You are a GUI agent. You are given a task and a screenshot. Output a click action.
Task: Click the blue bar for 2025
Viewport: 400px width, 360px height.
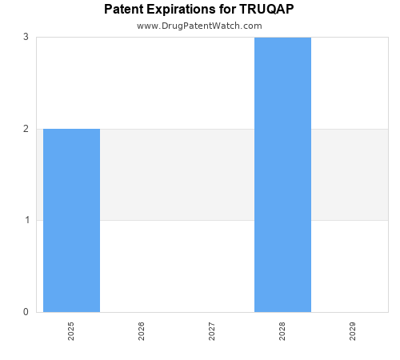(x=71, y=220)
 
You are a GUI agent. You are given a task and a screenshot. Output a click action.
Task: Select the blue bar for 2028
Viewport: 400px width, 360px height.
(x=282, y=174)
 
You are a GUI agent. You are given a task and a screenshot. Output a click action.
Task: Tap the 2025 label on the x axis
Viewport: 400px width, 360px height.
(x=71, y=331)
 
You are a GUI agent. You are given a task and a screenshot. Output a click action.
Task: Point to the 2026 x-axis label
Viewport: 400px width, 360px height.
(x=142, y=331)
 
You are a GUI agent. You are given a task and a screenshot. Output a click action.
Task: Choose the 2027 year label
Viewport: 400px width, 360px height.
(x=212, y=331)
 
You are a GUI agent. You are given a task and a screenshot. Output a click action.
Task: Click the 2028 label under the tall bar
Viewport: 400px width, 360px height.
(x=282, y=331)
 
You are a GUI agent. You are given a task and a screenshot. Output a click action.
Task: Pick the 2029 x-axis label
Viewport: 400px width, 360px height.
(x=353, y=331)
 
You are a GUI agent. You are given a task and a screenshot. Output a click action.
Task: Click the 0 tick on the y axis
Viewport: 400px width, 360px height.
(x=26, y=312)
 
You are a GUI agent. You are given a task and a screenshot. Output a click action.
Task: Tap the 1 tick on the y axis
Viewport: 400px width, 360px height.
(x=26, y=220)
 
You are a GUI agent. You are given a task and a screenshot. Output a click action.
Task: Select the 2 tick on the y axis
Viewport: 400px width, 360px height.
(x=26, y=129)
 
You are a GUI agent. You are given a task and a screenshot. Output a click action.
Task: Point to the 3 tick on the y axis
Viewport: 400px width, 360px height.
(x=26, y=37)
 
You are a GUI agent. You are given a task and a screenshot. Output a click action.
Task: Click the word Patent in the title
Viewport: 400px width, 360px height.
(x=124, y=10)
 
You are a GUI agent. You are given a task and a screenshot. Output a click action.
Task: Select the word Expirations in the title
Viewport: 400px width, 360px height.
(x=182, y=10)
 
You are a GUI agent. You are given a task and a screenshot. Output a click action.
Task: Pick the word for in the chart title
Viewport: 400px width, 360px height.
(x=227, y=10)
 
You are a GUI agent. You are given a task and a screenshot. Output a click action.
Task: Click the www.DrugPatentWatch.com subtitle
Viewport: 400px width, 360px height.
(x=199, y=26)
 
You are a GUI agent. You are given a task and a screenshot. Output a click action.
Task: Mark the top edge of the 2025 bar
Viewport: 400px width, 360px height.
(x=71, y=129)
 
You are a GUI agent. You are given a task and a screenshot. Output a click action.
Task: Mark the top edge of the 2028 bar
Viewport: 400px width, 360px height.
(x=282, y=38)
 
